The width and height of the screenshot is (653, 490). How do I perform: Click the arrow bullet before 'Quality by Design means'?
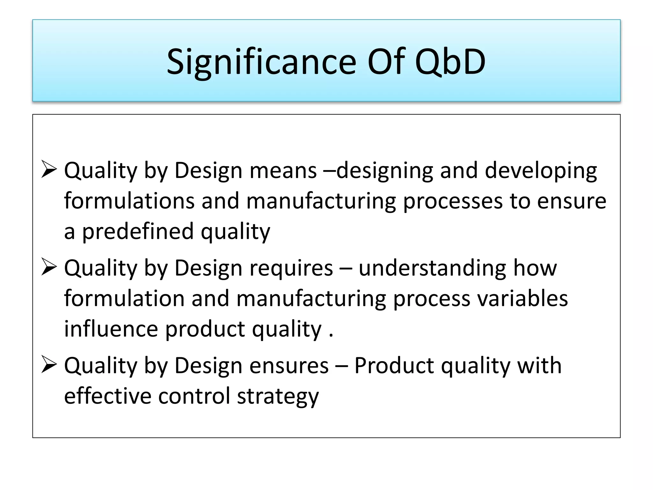(49, 170)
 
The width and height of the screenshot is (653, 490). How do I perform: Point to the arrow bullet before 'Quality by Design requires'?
(49, 267)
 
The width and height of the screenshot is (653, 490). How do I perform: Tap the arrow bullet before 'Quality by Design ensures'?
(49, 365)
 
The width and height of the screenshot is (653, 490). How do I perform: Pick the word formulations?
(129, 201)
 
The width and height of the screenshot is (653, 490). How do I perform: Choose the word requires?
(291, 269)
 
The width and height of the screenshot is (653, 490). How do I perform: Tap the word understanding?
(432, 269)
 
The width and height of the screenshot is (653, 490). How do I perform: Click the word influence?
(111, 329)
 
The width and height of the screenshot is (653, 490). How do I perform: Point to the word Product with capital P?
(394, 366)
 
